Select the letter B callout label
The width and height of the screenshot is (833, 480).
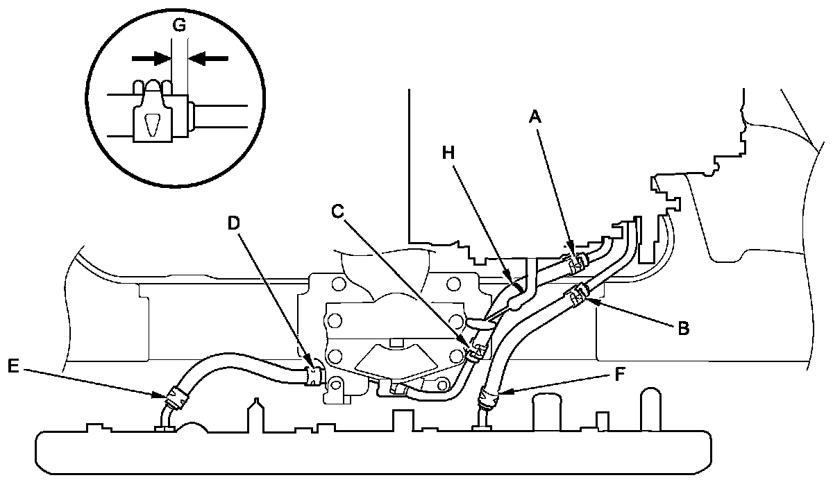683,329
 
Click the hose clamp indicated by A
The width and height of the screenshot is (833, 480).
575,262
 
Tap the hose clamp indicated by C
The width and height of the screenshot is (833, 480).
476,351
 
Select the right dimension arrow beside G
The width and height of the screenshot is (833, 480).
208,59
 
